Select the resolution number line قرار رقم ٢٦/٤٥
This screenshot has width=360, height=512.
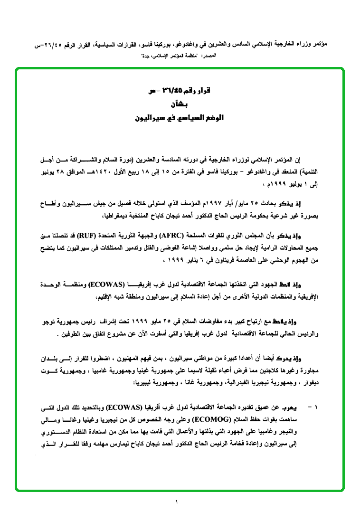(x=183, y=91)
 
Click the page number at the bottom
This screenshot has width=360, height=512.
(x=176, y=502)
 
